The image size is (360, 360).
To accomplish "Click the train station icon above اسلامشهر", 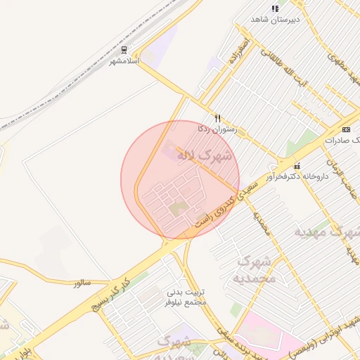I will pyautogui.click(x=124, y=50).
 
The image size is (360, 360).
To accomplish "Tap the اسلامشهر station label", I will pyautogui.click(x=124, y=61).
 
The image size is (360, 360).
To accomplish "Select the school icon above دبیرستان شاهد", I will pyautogui.click(x=274, y=8).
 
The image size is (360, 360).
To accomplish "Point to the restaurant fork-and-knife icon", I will pyautogui.click(x=218, y=119).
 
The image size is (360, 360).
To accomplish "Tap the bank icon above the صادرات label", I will pyautogui.click(x=346, y=129).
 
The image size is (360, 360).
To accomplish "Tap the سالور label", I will pyautogui.click(x=82, y=283).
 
